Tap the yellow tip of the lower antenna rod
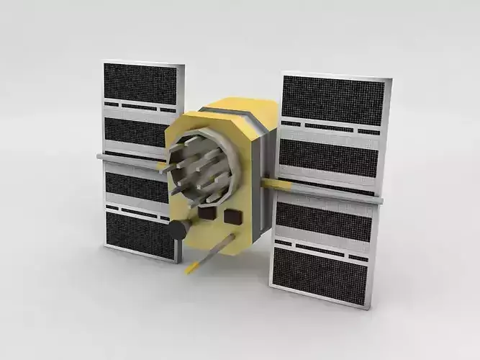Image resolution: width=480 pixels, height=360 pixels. tap(190, 269)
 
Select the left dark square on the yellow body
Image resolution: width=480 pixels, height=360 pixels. tap(207, 212)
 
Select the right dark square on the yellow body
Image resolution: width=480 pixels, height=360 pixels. tap(232, 216)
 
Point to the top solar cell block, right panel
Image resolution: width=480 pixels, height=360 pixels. tap(333, 99)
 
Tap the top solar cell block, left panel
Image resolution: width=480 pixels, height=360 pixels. tap(141, 83)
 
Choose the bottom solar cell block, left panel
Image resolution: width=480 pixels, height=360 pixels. tap(140, 235)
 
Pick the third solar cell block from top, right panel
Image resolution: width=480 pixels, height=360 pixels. tap(324, 221)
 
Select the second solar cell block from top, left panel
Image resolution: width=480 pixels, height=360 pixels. tap(136, 132)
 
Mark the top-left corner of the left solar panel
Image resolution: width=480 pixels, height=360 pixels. tap(104, 62)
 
